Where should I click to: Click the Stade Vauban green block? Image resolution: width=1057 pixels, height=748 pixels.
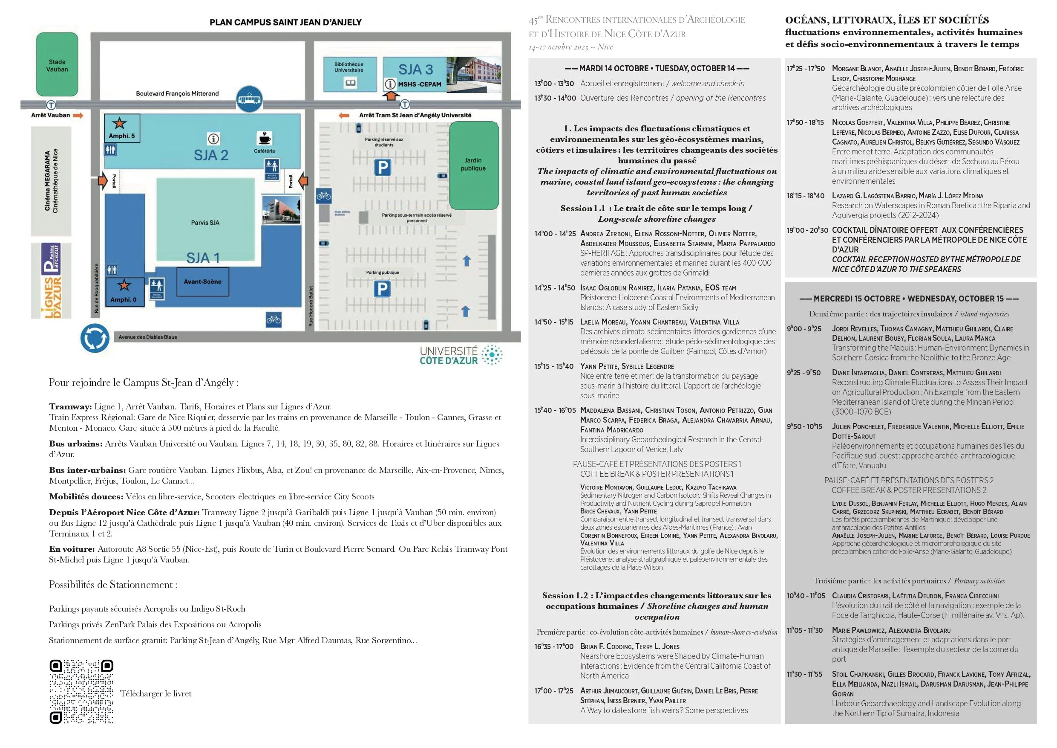[x=57, y=64]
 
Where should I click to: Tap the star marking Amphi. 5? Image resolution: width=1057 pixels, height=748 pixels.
[x=120, y=123]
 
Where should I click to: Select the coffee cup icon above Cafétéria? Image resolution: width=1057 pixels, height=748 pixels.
[x=264, y=138]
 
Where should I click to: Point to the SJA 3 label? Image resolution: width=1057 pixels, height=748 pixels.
[x=415, y=70]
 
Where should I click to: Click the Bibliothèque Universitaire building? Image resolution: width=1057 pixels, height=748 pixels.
[x=349, y=74]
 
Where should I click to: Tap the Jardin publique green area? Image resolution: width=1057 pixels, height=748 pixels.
[x=473, y=165]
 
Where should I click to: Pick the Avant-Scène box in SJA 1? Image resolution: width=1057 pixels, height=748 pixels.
[x=202, y=281]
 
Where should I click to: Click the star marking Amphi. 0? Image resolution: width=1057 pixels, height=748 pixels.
[x=124, y=285]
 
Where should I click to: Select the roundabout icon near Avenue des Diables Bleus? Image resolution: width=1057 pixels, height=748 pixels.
[x=95, y=338]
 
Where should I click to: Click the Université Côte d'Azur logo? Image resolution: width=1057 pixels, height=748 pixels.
[x=461, y=355]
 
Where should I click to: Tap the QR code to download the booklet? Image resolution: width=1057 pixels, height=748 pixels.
[x=81, y=692]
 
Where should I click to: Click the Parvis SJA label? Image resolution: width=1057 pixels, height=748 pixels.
[x=205, y=223]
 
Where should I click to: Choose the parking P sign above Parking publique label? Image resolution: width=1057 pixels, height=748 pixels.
[x=382, y=289]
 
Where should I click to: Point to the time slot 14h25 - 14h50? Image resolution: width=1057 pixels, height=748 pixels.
[x=554, y=288]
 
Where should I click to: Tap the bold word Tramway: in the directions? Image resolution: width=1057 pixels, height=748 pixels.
[x=70, y=406]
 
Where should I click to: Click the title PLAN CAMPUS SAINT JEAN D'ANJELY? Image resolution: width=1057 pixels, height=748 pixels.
[x=285, y=22]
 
